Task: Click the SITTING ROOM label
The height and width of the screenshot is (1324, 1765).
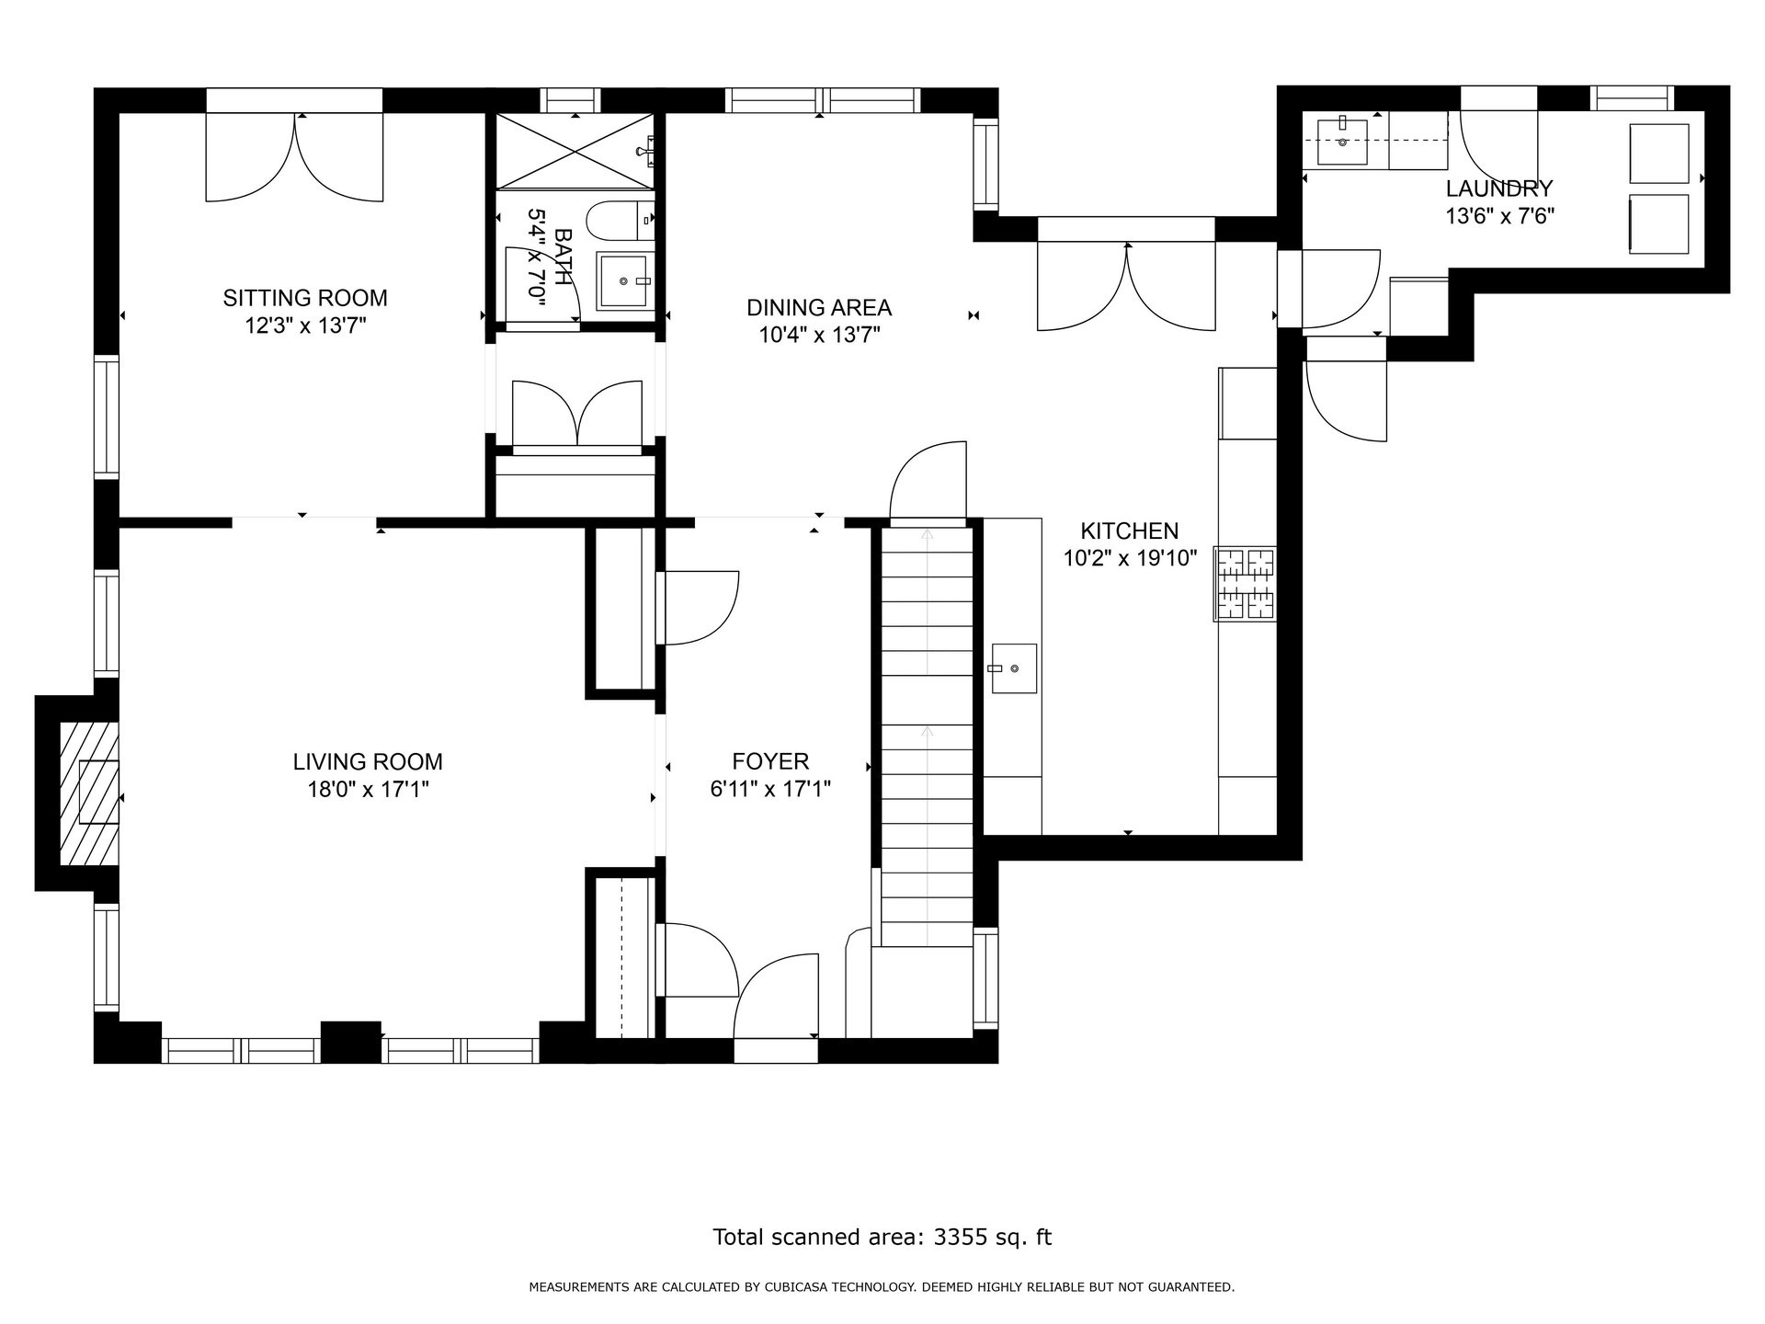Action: (305, 298)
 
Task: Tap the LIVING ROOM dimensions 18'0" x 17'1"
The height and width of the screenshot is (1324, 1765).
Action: (368, 789)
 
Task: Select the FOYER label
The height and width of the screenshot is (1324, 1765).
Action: (770, 761)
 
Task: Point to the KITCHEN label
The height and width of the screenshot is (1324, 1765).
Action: (1129, 531)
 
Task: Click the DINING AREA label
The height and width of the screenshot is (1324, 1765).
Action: (819, 307)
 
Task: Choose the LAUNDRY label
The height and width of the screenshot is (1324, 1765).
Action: (1499, 188)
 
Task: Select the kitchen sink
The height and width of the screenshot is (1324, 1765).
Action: (1013, 668)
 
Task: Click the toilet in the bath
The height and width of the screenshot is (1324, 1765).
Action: (621, 220)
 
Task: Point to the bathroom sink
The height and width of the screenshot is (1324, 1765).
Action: (624, 280)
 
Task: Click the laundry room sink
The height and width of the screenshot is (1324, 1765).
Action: (1342, 143)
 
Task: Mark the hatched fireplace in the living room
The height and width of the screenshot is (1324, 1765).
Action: (89, 793)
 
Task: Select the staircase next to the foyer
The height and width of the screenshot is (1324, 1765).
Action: (927, 736)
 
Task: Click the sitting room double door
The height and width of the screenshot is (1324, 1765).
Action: (294, 157)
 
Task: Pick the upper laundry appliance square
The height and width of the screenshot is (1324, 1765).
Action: (1659, 154)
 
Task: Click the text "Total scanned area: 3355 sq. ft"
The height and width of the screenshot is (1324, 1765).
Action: (882, 1237)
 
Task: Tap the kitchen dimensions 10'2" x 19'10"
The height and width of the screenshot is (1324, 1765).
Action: (1130, 558)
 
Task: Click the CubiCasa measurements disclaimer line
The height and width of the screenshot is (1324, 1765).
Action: (882, 1287)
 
